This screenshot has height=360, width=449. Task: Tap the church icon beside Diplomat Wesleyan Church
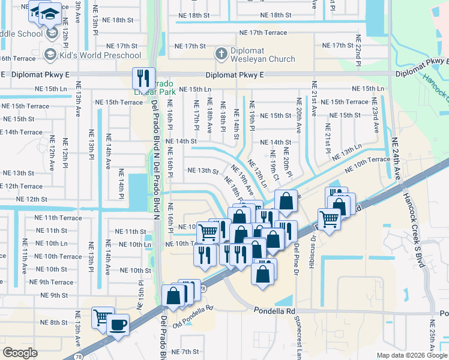coord(220,53)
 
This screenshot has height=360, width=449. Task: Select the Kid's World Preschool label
coord(100,56)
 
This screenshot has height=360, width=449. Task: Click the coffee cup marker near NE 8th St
coord(117,325)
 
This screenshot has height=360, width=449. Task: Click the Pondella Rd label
coord(274,311)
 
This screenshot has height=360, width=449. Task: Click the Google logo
coord(19,352)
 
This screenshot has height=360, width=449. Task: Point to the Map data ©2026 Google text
coord(412,355)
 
